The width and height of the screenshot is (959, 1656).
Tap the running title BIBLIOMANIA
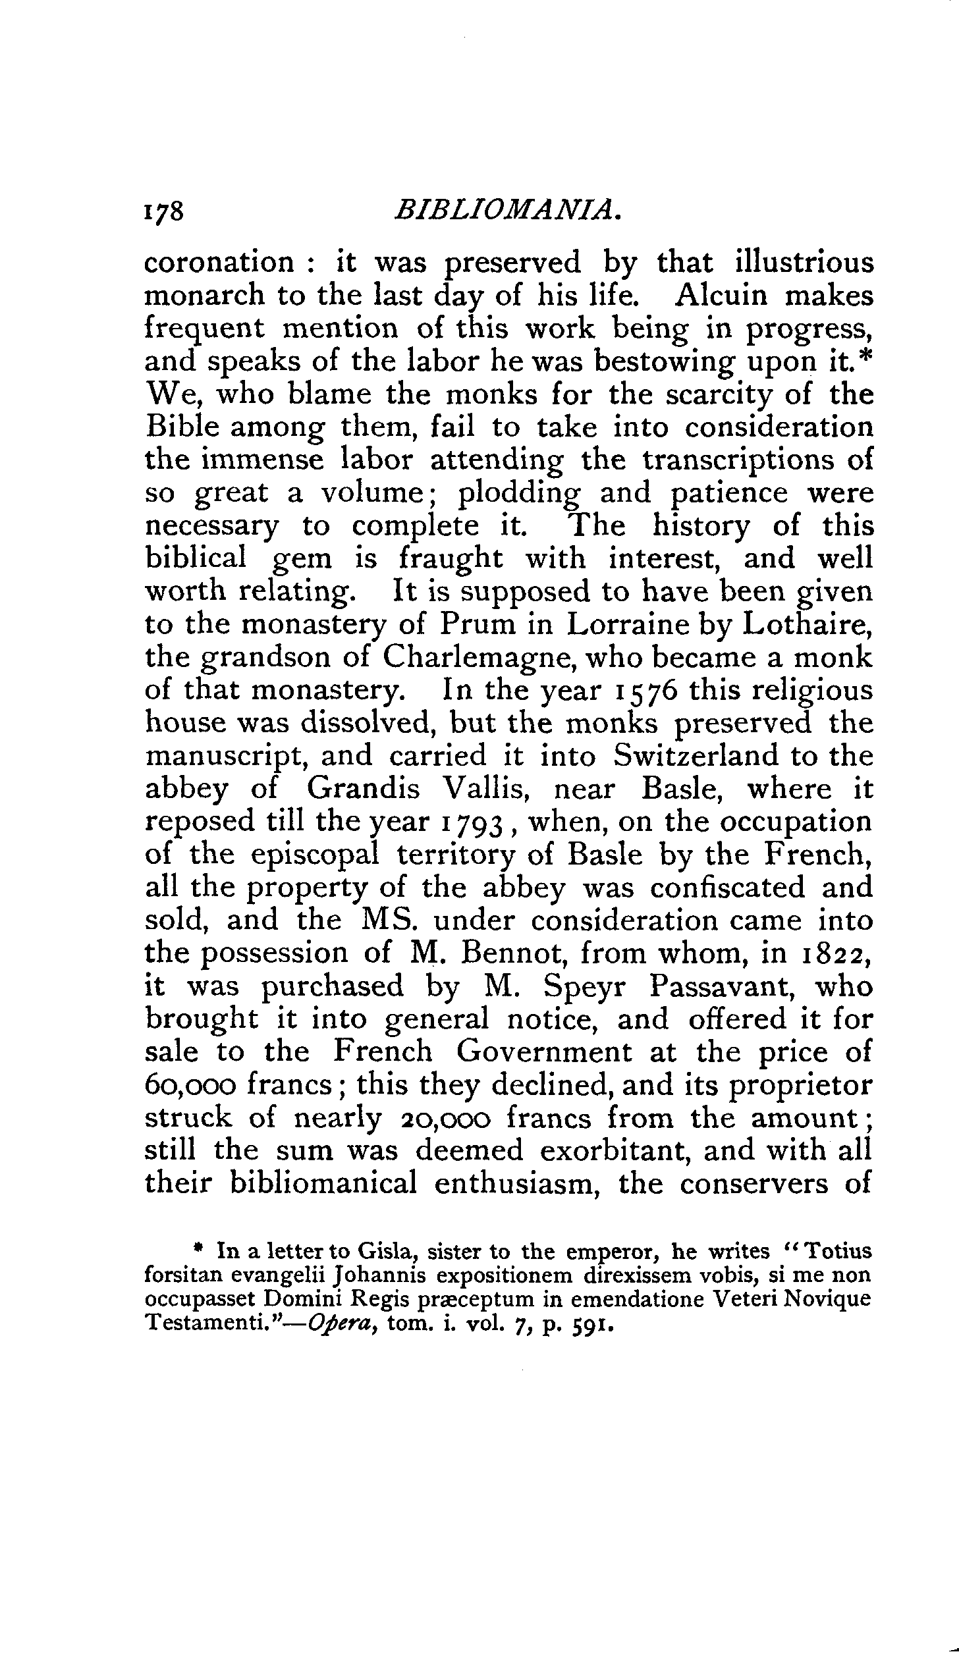[x=507, y=211]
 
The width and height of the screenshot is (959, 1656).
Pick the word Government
[x=544, y=1053]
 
